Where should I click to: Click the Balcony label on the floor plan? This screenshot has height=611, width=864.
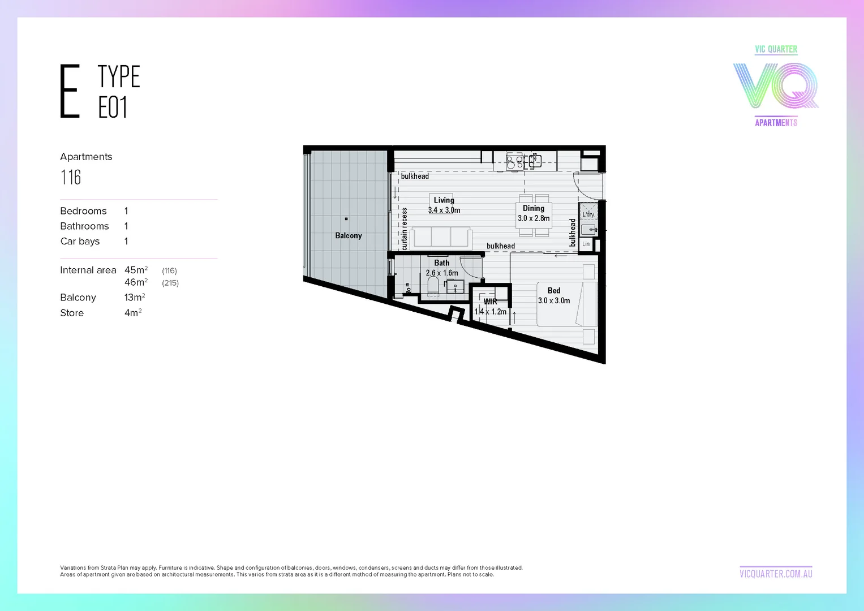pos(348,235)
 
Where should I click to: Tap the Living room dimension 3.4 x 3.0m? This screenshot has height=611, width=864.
pos(444,210)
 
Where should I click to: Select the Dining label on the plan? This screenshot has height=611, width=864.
pos(534,208)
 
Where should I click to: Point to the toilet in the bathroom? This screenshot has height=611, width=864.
pos(433,285)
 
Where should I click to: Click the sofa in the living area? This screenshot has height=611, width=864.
pos(442,236)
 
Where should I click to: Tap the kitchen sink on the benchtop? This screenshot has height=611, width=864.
pos(535,161)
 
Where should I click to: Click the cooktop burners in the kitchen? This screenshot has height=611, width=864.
pos(514,162)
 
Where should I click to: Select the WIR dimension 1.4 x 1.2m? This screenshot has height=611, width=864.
pos(491,312)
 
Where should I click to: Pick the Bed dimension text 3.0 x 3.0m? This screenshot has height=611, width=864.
pos(554,301)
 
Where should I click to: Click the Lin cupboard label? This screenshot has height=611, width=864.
pos(586,244)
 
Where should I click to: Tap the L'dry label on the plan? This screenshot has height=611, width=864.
pos(588,214)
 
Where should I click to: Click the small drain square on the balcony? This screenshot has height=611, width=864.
pos(346,219)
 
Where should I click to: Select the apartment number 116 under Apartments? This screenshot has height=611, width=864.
pos(71,178)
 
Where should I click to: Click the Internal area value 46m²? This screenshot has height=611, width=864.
pos(136,282)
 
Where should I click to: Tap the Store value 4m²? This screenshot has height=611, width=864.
pos(133,313)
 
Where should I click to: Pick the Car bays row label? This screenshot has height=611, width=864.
pos(80,242)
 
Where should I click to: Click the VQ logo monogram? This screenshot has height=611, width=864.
pos(776,85)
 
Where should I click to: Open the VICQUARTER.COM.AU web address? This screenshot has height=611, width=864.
pos(776,574)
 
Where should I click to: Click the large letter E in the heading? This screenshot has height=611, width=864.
pos(70,91)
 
